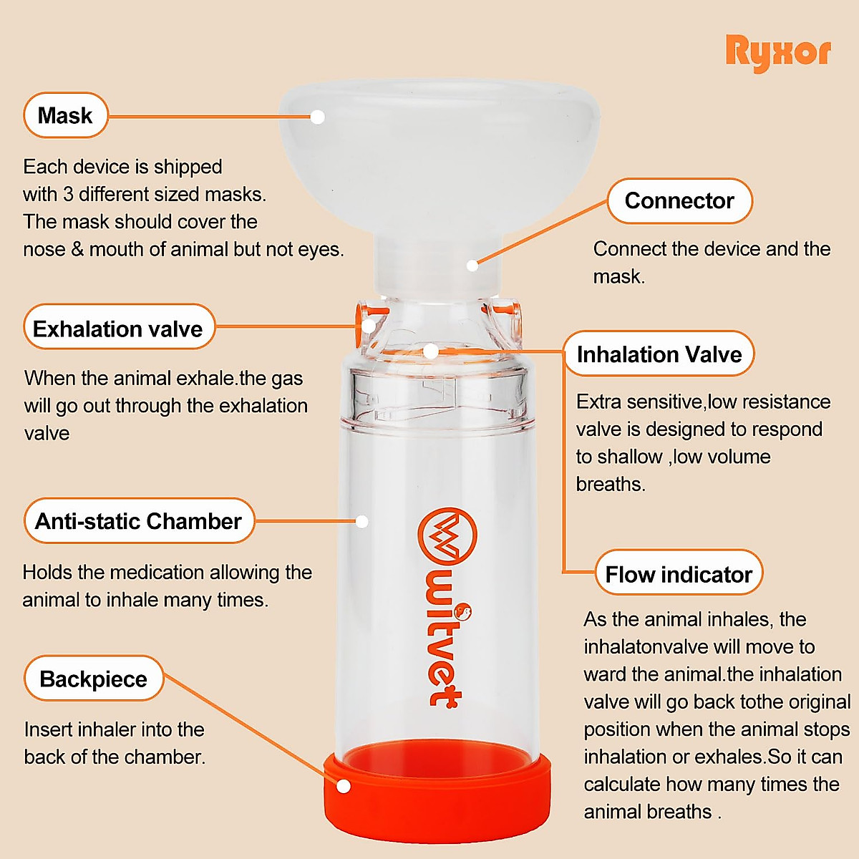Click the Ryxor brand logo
pos(778,53)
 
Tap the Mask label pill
pos(65,115)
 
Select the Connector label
pos(679,200)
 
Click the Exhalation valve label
pos(119,329)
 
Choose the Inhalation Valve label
pos(659,354)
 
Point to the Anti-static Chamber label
pos(139,521)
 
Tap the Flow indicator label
pos(679,574)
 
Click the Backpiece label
pos(94,679)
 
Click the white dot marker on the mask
pos(318,117)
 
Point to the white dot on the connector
pos(472,266)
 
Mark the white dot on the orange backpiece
pos(344,786)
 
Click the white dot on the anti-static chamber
pos(362,521)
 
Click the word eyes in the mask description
pos(321,249)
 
